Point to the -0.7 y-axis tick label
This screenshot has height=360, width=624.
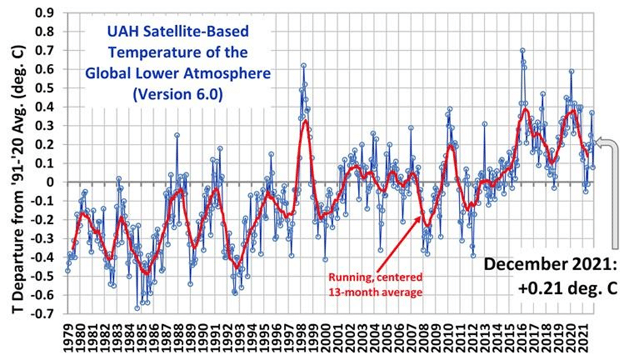pos(45,314)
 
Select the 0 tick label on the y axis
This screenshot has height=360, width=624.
pos(52,182)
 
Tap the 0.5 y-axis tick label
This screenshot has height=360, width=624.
pos(47,88)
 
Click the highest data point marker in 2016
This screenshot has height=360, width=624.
pos(522,50)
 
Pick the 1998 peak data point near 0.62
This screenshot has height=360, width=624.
pos(303,65)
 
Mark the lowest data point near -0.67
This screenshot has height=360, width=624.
pos(137,308)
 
